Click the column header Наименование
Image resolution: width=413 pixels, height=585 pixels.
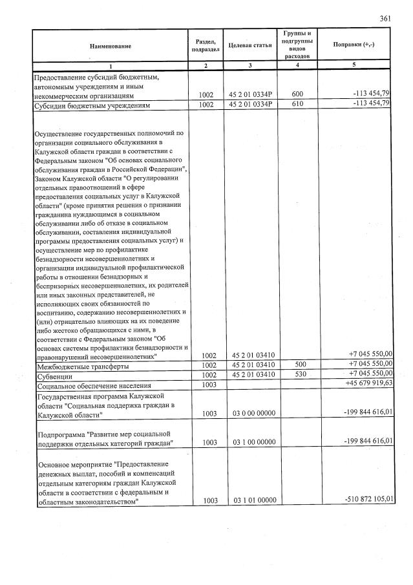click(x=110, y=46)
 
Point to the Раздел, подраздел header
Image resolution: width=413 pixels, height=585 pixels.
click(x=205, y=45)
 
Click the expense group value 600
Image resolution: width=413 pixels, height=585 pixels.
click(x=297, y=94)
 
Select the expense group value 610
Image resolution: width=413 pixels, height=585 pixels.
click(x=297, y=104)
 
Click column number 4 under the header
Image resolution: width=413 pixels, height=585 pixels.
click(x=297, y=66)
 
